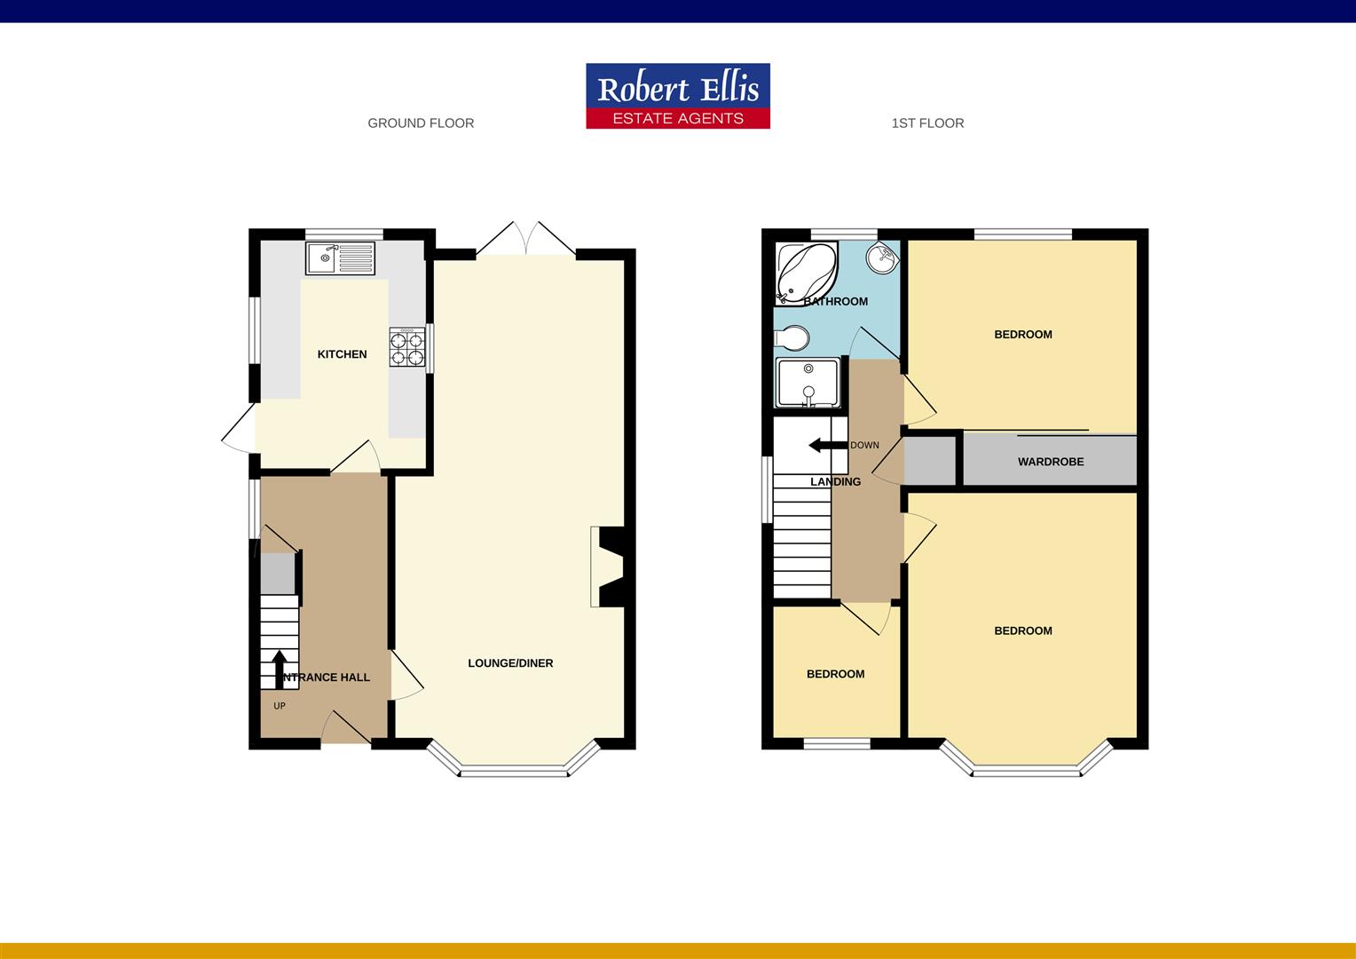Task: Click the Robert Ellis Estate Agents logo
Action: (677, 96)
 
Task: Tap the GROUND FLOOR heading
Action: (421, 123)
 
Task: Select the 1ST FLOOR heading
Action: (927, 123)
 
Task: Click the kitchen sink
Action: (342, 259)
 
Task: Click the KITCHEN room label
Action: (342, 354)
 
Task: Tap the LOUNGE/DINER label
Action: (510, 663)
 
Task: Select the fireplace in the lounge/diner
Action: (608, 567)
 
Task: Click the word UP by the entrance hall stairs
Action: (280, 707)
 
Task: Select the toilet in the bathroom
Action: (791, 338)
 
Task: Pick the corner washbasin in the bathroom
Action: (883, 258)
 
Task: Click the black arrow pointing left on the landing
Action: (825, 445)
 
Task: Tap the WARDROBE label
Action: (1051, 462)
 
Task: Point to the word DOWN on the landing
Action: (864, 446)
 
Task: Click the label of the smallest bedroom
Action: (835, 674)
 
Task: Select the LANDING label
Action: (835, 482)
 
